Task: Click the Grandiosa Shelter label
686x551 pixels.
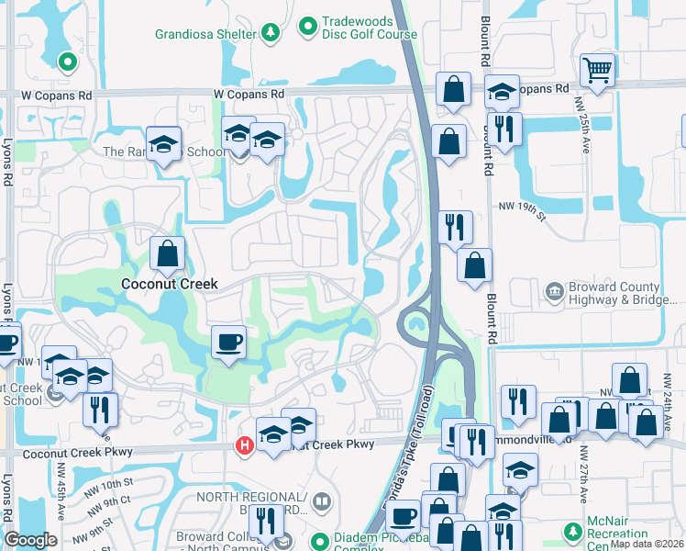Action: [x=205, y=34]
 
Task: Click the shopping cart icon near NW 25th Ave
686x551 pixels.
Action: [x=597, y=70]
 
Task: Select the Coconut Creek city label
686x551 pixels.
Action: [x=170, y=285]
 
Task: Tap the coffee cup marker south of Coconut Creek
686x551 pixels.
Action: [x=228, y=343]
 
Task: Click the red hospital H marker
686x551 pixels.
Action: [x=245, y=447]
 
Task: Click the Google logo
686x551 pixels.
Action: [x=30, y=540]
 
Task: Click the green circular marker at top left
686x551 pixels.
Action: [x=66, y=62]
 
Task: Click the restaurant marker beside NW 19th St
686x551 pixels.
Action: [x=455, y=226]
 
